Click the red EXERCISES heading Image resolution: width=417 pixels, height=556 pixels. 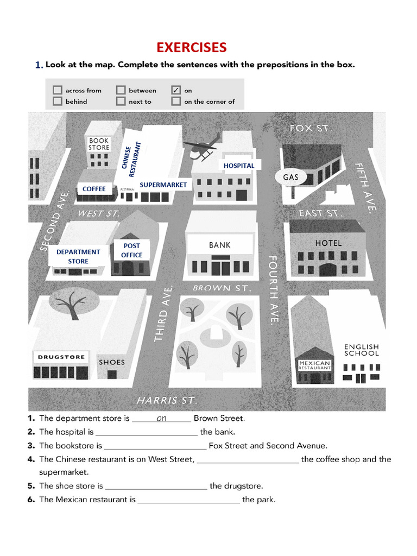(x=192, y=47)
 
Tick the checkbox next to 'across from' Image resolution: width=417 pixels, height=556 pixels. (x=58, y=90)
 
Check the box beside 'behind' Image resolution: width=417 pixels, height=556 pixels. (x=58, y=101)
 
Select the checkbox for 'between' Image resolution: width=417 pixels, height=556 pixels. (x=121, y=90)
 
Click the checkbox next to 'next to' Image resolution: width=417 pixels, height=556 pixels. (x=121, y=101)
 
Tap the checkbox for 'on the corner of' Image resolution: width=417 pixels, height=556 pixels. (x=176, y=101)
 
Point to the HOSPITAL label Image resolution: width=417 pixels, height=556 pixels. (x=239, y=165)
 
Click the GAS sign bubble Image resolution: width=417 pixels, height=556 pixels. (x=290, y=177)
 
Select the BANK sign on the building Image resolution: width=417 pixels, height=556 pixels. (x=220, y=245)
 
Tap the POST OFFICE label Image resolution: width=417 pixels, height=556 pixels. (x=131, y=250)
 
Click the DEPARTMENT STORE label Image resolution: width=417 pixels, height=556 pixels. (x=78, y=256)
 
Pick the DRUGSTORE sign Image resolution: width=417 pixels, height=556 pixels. (x=61, y=357)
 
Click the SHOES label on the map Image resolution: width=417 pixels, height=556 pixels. (x=112, y=362)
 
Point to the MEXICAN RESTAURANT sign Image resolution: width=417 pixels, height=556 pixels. (x=314, y=365)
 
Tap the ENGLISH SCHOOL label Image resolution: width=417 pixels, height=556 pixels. (x=361, y=350)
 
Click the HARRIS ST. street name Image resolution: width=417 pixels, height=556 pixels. (x=166, y=400)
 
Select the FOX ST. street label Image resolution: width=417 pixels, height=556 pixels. (x=311, y=129)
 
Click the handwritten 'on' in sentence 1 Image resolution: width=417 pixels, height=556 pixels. (x=161, y=418)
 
